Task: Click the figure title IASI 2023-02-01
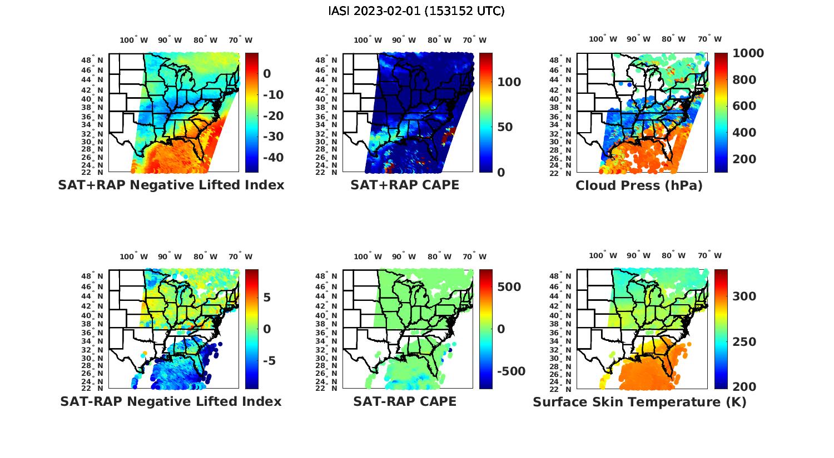(x=416, y=11)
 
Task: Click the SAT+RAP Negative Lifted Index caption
(x=171, y=185)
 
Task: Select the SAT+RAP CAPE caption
(x=405, y=185)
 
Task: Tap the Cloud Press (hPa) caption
(x=639, y=185)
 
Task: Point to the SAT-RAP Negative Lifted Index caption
(x=171, y=401)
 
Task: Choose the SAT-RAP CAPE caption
(x=405, y=401)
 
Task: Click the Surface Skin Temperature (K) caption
(x=639, y=402)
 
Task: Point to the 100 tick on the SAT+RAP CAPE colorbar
(x=509, y=82)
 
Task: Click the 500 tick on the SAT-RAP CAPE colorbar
(x=509, y=287)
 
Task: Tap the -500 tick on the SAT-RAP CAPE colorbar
(x=511, y=371)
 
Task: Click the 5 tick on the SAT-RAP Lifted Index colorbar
(x=267, y=298)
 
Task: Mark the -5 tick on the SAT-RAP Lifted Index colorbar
(x=269, y=361)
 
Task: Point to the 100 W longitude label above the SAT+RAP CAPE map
(x=368, y=40)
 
